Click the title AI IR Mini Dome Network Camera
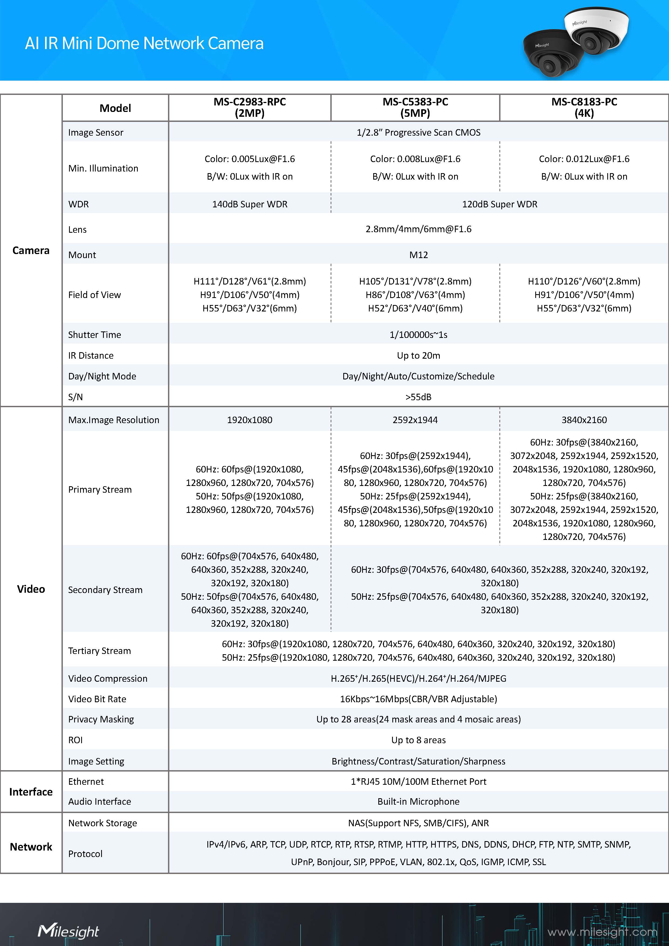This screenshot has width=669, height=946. coord(144,43)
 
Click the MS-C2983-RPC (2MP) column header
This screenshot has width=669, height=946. coord(250,108)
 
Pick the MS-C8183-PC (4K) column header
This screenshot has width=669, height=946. coord(584,108)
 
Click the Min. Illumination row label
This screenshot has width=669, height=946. coord(103,168)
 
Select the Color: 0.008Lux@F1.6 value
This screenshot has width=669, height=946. coord(415,159)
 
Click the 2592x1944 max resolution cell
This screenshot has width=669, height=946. coord(415,420)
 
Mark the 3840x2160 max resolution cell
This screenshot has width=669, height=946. coord(584,420)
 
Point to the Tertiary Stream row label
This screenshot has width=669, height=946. coord(100,651)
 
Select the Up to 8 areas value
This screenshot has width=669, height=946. coord(418,740)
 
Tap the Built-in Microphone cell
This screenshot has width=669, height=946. coord(418,801)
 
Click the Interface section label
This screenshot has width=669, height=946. coord(31,791)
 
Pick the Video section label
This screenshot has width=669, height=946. coord(31,589)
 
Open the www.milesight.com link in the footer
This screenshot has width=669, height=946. coord(602,932)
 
